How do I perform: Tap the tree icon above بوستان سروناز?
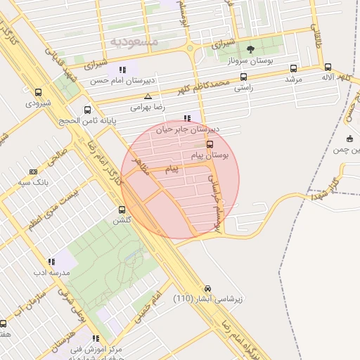[251, 49]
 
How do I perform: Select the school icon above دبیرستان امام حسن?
[122, 70]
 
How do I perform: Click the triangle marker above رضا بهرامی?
[148, 96]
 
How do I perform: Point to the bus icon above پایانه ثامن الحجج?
[87, 110]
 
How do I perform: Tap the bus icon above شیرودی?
[37, 92]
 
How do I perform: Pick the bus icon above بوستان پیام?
[210, 144]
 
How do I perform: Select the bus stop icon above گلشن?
[122, 210]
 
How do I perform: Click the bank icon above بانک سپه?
[33, 172]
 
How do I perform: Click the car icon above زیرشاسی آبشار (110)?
[207, 288]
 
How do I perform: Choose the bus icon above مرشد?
[293, 68]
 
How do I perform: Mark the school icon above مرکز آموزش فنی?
[96, 338]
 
